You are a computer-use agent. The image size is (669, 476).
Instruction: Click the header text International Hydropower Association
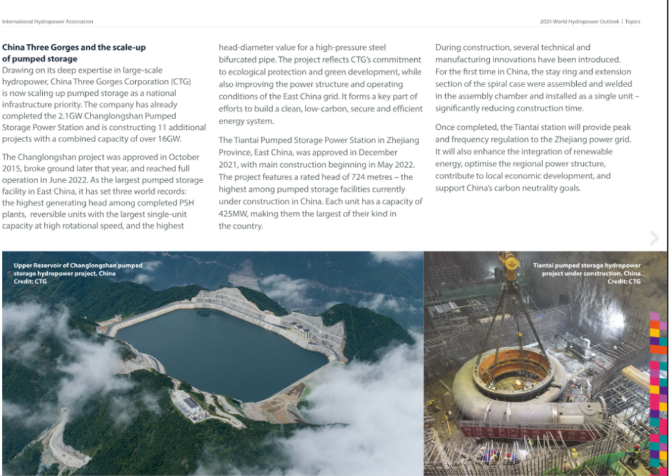pos(48,22)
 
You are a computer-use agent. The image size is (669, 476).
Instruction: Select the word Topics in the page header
pos(633,22)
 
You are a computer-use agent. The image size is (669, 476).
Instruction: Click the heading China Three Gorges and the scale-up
pos(74,47)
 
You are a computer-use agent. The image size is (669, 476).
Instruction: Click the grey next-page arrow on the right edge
pos(654,238)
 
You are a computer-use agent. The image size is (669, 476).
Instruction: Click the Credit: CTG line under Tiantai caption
pos(624,281)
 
